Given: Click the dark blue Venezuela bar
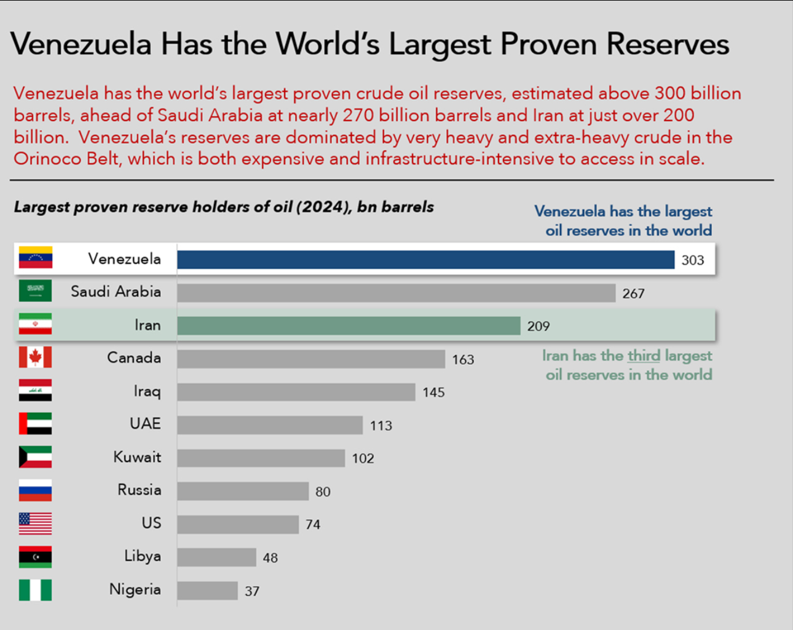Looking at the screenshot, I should point(425,260).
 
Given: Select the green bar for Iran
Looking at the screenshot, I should point(349,326).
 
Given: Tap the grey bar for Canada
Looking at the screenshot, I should point(310,359).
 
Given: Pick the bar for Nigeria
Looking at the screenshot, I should point(207,591).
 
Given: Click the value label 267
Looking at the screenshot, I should point(633,293).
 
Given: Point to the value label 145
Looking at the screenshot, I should point(433,393).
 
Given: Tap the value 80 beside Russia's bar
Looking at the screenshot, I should point(323,492).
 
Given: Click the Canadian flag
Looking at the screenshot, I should point(35,357).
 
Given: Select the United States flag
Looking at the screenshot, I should point(35,524).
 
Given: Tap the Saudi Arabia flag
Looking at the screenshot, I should point(35,291).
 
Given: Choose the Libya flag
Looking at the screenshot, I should point(35,557).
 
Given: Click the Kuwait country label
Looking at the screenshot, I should point(137,457).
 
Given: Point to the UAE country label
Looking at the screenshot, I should point(145,424).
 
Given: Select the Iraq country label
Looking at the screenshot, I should point(147,391).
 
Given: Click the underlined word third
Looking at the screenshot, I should point(643,356).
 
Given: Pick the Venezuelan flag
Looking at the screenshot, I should point(35,258).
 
